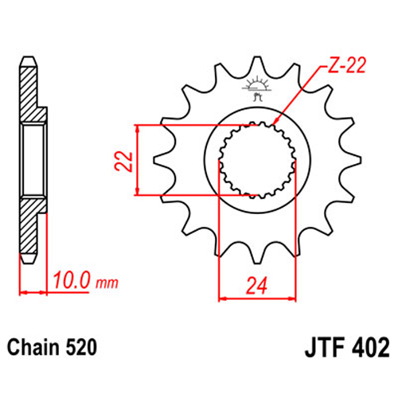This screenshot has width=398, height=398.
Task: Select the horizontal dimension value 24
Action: tap(256, 286)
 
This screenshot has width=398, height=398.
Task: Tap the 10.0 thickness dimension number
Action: tap(72, 280)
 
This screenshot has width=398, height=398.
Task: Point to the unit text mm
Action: tap(107, 283)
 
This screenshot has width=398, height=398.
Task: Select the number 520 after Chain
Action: tap(81, 347)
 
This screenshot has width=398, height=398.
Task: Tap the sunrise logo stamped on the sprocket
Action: tap(256, 88)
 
